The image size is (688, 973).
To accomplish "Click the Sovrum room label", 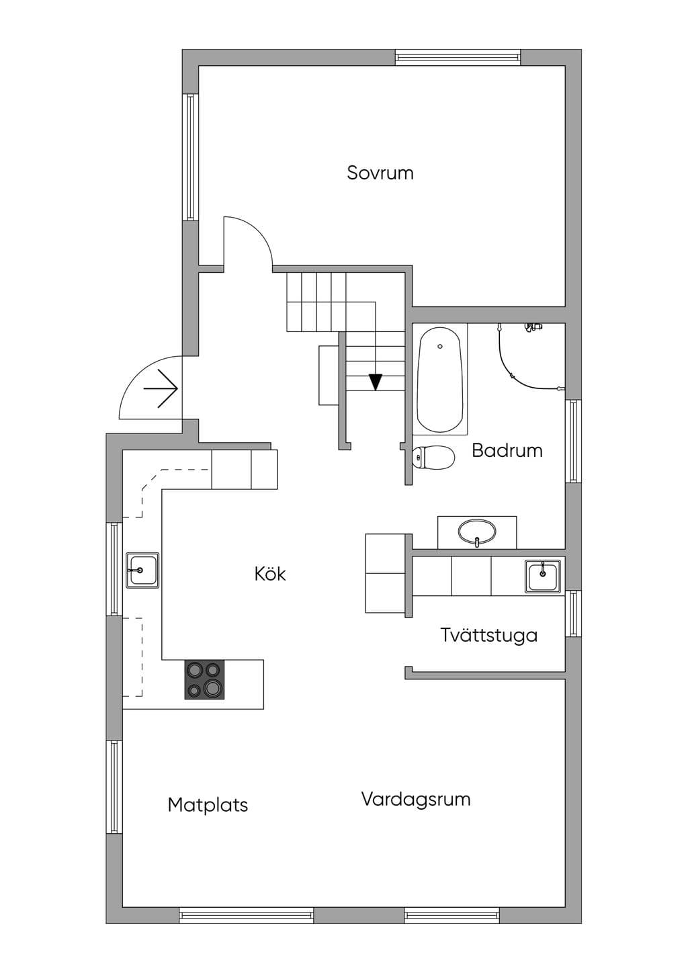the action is (380, 173).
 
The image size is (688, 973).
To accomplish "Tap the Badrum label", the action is (507, 450).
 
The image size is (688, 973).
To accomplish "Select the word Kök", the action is (270, 574).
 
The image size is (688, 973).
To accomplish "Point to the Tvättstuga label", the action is (489, 634).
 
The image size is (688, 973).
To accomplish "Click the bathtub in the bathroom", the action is (439, 380).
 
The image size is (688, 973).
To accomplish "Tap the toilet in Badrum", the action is (433, 458).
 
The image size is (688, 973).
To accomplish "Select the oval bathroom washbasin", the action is (477, 533).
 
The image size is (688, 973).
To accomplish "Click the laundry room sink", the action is (542, 577).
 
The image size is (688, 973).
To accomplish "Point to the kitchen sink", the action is (142, 570).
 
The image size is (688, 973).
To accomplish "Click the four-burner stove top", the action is (204, 680).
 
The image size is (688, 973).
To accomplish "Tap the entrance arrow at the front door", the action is (161, 388).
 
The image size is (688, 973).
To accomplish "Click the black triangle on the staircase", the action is (376, 382).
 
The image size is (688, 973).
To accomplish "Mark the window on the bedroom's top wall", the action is (458, 57).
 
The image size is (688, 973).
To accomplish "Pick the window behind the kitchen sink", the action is (115, 568).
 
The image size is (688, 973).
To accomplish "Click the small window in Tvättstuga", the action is (573, 614).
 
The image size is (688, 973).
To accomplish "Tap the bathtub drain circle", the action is (440, 346).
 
